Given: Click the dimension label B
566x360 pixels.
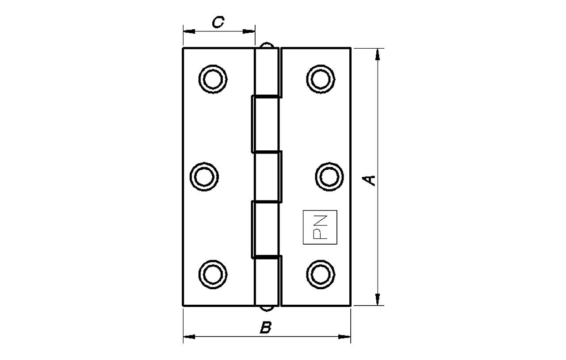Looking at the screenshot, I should click(x=265, y=328).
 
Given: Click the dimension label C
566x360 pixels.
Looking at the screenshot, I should click(x=218, y=23).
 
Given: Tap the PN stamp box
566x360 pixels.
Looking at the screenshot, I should click(x=320, y=227).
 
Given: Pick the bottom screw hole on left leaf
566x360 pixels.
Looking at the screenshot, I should click(x=213, y=274).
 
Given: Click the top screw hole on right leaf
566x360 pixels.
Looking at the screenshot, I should click(x=321, y=79).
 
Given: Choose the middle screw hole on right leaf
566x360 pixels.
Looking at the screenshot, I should click(x=329, y=176).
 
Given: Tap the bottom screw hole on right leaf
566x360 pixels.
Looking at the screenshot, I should click(x=321, y=274).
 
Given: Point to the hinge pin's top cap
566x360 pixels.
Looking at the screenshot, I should click(x=267, y=45).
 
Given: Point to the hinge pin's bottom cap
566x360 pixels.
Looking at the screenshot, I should click(x=267, y=308).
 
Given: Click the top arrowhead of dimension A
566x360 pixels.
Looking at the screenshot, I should click(x=377, y=54).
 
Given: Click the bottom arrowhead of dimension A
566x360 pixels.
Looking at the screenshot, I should click(x=377, y=299).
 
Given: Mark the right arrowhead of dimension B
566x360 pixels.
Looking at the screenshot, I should click(x=344, y=337).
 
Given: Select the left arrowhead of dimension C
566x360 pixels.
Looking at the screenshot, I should click(x=189, y=31).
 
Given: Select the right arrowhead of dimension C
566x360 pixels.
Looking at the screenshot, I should click(x=249, y=31).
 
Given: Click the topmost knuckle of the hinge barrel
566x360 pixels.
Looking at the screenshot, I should click(x=267, y=72).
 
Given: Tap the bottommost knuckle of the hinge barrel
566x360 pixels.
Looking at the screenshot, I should click(x=267, y=281).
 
